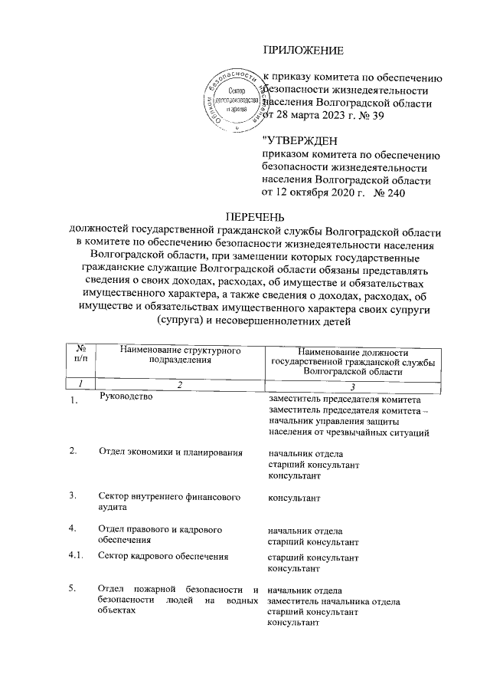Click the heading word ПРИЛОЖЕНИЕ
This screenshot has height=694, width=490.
pyautogui.click(x=304, y=51)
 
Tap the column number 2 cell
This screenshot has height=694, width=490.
pyautogui.click(x=180, y=384)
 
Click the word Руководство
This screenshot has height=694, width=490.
pyautogui.click(x=127, y=397)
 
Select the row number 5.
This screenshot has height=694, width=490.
pyautogui.click(x=73, y=589)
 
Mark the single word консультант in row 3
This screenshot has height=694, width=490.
pyautogui.click(x=294, y=498)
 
